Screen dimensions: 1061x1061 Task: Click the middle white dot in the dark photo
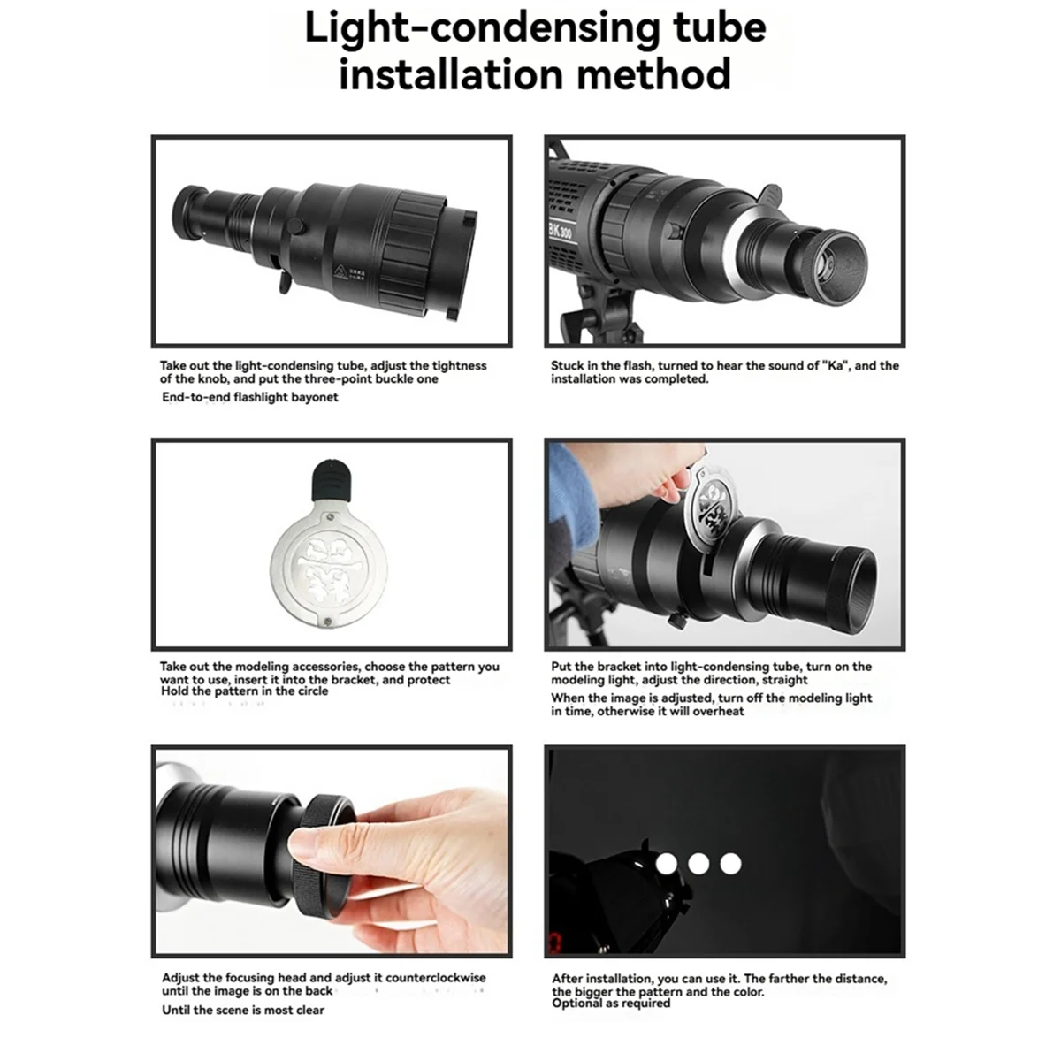click(698, 863)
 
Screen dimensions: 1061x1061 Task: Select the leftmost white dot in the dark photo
click(667, 863)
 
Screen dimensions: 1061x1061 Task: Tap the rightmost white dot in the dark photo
click(730, 863)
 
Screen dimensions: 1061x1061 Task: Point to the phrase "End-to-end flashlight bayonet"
click(250, 397)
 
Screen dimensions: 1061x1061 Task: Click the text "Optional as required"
click(612, 1004)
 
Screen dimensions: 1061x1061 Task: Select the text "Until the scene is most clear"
click(243, 1010)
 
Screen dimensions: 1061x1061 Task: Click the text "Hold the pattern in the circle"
click(245, 691)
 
